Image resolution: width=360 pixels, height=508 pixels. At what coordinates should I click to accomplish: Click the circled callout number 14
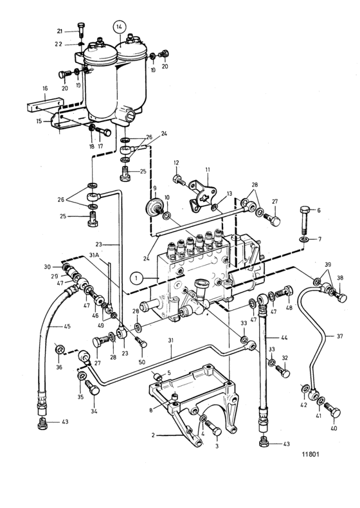119,28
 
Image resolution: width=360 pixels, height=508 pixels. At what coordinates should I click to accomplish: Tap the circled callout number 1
136,278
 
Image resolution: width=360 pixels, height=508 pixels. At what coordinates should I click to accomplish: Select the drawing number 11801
310,454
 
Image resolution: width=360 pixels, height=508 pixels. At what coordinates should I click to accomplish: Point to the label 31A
94,255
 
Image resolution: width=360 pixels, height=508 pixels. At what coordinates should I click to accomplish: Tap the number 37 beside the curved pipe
339,336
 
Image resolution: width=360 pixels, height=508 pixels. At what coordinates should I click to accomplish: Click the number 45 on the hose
67,326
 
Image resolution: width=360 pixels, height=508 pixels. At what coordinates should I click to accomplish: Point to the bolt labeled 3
214,429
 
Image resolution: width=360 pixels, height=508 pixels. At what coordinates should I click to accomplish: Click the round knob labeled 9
153,205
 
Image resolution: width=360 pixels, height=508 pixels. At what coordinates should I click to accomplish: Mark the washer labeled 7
304,239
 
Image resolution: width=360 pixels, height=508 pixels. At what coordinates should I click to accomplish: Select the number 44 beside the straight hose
284,338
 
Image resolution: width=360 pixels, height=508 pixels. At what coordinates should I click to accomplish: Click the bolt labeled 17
104,131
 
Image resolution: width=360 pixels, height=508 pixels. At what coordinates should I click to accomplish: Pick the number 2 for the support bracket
153,435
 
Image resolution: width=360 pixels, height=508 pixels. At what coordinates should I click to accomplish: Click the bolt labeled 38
339,295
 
